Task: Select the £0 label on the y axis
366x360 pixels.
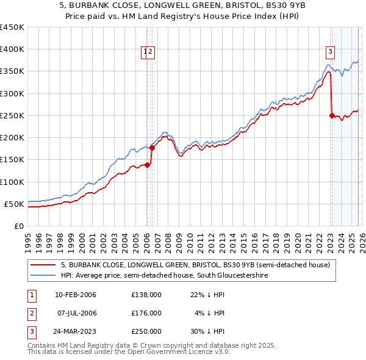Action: [18, 226]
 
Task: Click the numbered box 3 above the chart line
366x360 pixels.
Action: [330, 52]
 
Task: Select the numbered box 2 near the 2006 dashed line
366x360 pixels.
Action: [151, 52]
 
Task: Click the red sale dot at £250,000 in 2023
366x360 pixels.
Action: [332, 115]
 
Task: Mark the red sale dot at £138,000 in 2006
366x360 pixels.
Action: [147, 165]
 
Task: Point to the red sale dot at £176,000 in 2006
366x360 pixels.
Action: [152, 148]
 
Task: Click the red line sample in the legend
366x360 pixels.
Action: [43, 265]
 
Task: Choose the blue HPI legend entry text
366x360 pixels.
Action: [165, 276]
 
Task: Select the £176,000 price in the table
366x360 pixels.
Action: [146, 313]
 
